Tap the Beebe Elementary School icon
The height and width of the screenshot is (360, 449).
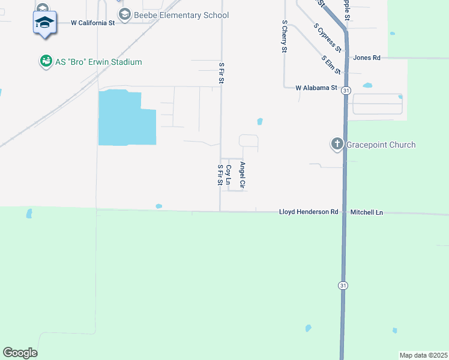pyautogui.click(x=125, y=16)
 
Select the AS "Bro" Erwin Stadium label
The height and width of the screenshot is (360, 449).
pyautogui.click(x=98, y=62)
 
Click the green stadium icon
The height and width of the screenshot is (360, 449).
pyautogui.click(x=46, y=61)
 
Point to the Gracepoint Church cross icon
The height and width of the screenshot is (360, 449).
pyautogui.click(x=337, y=145)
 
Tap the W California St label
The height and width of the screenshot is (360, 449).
pyautogui.click(x=92, y=23)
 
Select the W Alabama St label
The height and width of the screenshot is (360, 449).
pyautogui.click(x=317, y=88)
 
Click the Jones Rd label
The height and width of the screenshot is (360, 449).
pyautogui.click(x=367, y=58)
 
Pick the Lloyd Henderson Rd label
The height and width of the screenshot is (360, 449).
pyautogui.click(x=309, y=212)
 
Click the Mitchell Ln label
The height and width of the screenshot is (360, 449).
pyautogui.click(x=367, y=212)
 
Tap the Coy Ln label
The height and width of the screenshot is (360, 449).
pyautogui.click(x=228, y=175)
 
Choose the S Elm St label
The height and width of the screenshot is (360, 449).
pyautogui.click(x=331, y=65)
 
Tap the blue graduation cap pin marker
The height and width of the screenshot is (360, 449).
pyautogui.click(x=44, y=23)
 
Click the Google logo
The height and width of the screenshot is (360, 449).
pyautogui.click(x=20, y=353)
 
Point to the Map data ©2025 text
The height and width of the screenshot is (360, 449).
pyautogui.click(x=423, y=355)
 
